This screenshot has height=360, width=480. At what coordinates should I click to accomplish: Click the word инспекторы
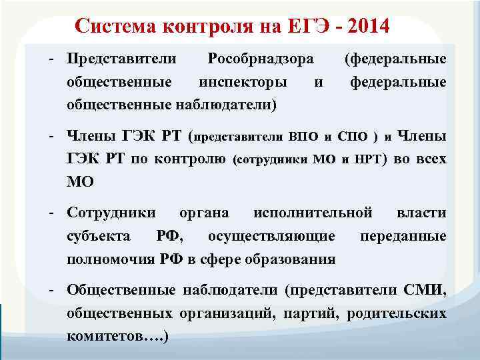point(243,82)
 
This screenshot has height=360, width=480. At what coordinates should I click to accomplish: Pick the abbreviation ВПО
point(304,137)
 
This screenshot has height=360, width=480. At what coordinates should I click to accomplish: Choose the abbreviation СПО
point(352,137)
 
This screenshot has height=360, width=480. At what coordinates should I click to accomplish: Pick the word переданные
point(403,236)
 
